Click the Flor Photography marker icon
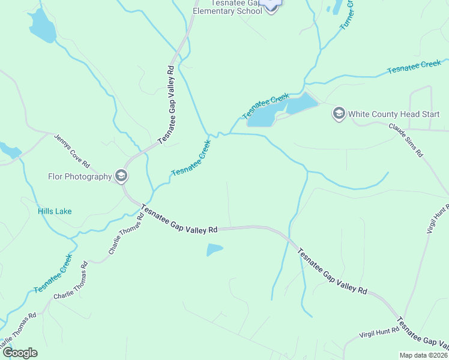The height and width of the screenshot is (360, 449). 122,176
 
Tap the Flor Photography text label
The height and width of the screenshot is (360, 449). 80,176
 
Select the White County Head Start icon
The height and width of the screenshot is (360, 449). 339,113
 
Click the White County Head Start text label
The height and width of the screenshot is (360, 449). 394,113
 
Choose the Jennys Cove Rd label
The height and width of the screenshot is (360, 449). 71,151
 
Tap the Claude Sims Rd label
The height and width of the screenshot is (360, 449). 406,140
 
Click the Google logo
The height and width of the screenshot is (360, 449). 19,353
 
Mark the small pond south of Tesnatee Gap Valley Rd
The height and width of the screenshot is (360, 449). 214,250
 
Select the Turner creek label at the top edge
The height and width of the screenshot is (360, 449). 347,15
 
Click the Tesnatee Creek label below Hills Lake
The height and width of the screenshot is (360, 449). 53,274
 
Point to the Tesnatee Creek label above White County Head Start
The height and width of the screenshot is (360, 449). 414,67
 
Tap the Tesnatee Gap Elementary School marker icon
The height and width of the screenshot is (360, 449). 272,6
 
